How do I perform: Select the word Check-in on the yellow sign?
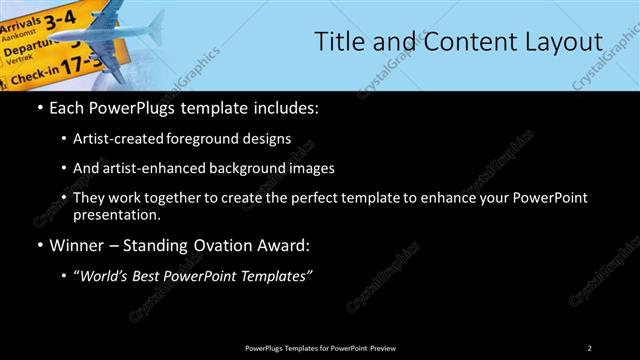pyautogui.click(x=27, y=73)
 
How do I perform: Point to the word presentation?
pyautogui.click(x=115, y=214)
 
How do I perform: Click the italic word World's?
pyautogui.click(x=107, y=275)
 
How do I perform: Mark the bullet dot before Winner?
pyautogui.click(x=39, y=245)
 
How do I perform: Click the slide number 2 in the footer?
pyautogui.click(x=589, y=348)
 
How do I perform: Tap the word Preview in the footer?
pyautogui.click(x=382, y=348)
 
